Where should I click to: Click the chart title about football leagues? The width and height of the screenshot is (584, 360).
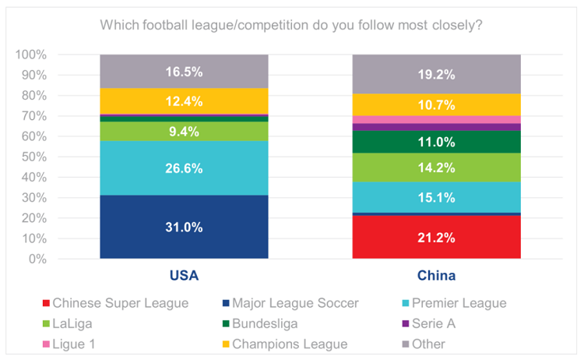point(291,26)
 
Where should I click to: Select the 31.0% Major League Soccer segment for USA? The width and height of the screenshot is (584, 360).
point(184,227)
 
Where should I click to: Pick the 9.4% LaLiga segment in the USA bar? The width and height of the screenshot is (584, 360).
point(184,132)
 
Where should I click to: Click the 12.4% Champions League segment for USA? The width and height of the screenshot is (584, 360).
point(184,101)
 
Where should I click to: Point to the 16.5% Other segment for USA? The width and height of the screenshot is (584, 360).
point(184,72)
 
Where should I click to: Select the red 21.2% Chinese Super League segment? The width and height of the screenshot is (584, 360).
point(436,237)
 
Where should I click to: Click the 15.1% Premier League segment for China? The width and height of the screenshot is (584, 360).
point(436,197)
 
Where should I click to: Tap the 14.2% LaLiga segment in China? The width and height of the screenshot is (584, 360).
point(436,168)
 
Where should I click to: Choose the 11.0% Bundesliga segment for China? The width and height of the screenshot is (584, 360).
point(436,142)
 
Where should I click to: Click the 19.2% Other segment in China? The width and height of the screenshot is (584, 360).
point(436,74)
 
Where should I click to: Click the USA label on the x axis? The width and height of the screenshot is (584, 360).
point(184,276)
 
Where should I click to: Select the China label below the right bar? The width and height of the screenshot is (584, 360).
point(436,276)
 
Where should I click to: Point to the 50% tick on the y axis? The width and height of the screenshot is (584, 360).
point(32,157)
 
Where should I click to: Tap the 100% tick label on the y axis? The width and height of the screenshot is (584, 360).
point(30,55)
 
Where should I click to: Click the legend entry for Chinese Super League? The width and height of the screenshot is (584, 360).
point(116,303)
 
